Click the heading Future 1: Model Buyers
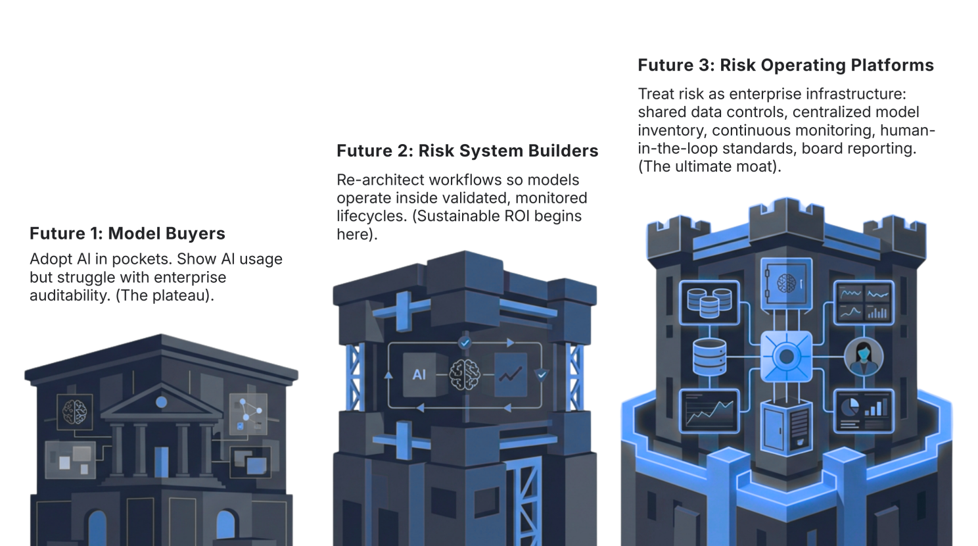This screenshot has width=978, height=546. click(x=127, y=234)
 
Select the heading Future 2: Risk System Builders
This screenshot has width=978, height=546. click(x=467, y=151)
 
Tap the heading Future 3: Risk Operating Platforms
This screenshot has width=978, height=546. click(x=785, y=65)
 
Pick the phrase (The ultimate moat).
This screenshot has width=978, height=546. click(x=709, y=166)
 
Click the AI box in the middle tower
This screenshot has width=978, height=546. click(x=419, y=375)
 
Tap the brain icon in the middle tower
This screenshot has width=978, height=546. click(x=465, y=375)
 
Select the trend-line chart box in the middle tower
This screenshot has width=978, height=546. click(x=510, y=375)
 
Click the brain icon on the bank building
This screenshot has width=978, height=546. click(x=75, y=412)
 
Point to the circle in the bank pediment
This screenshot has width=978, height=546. click(x=162, y=401)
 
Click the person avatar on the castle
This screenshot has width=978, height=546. click(x=863, y=357)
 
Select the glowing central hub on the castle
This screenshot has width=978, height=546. click(x=786, y=357)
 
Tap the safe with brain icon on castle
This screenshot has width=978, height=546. click(x=786, y=284)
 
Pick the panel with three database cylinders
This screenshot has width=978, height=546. click(x=709, y=302)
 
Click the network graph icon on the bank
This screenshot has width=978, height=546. click(x=248, y=412)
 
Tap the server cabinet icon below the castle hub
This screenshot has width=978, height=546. click(x=786, y=426)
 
